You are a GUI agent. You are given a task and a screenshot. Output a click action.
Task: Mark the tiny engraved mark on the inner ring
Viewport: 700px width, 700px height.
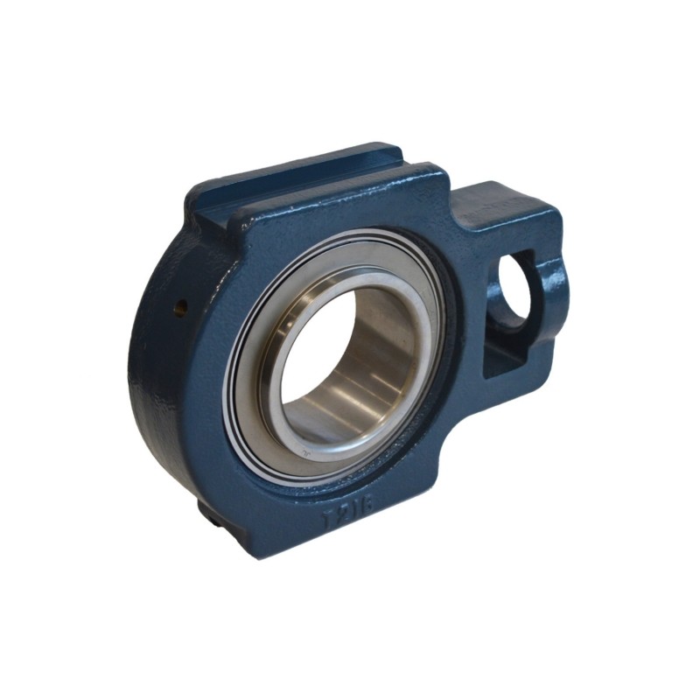coord(304,453)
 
